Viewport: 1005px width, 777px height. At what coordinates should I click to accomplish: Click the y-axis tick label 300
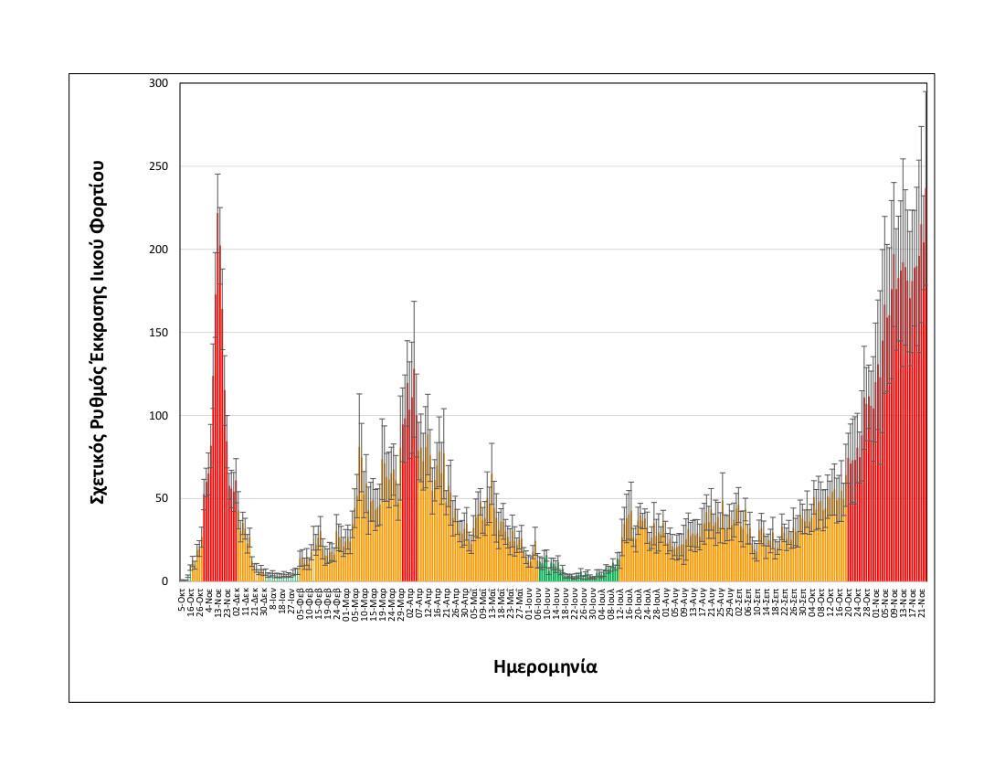click(x=159, y=83)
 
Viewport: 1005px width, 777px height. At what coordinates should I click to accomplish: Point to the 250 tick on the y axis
click(x=159, y=166)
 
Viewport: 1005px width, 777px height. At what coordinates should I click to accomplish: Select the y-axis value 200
click(x=159, y=250)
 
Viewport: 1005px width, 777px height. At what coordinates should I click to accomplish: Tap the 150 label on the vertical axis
click(x=159, y=333)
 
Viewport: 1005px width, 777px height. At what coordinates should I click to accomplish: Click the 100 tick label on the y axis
click(x=159, y=416)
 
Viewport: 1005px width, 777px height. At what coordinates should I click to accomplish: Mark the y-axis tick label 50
click(x=162, y=498)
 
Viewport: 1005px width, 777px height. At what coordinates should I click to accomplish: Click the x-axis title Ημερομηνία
click(x=545, y=666)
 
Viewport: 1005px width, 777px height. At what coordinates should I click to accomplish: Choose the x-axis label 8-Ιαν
click(x=272, y=598)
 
